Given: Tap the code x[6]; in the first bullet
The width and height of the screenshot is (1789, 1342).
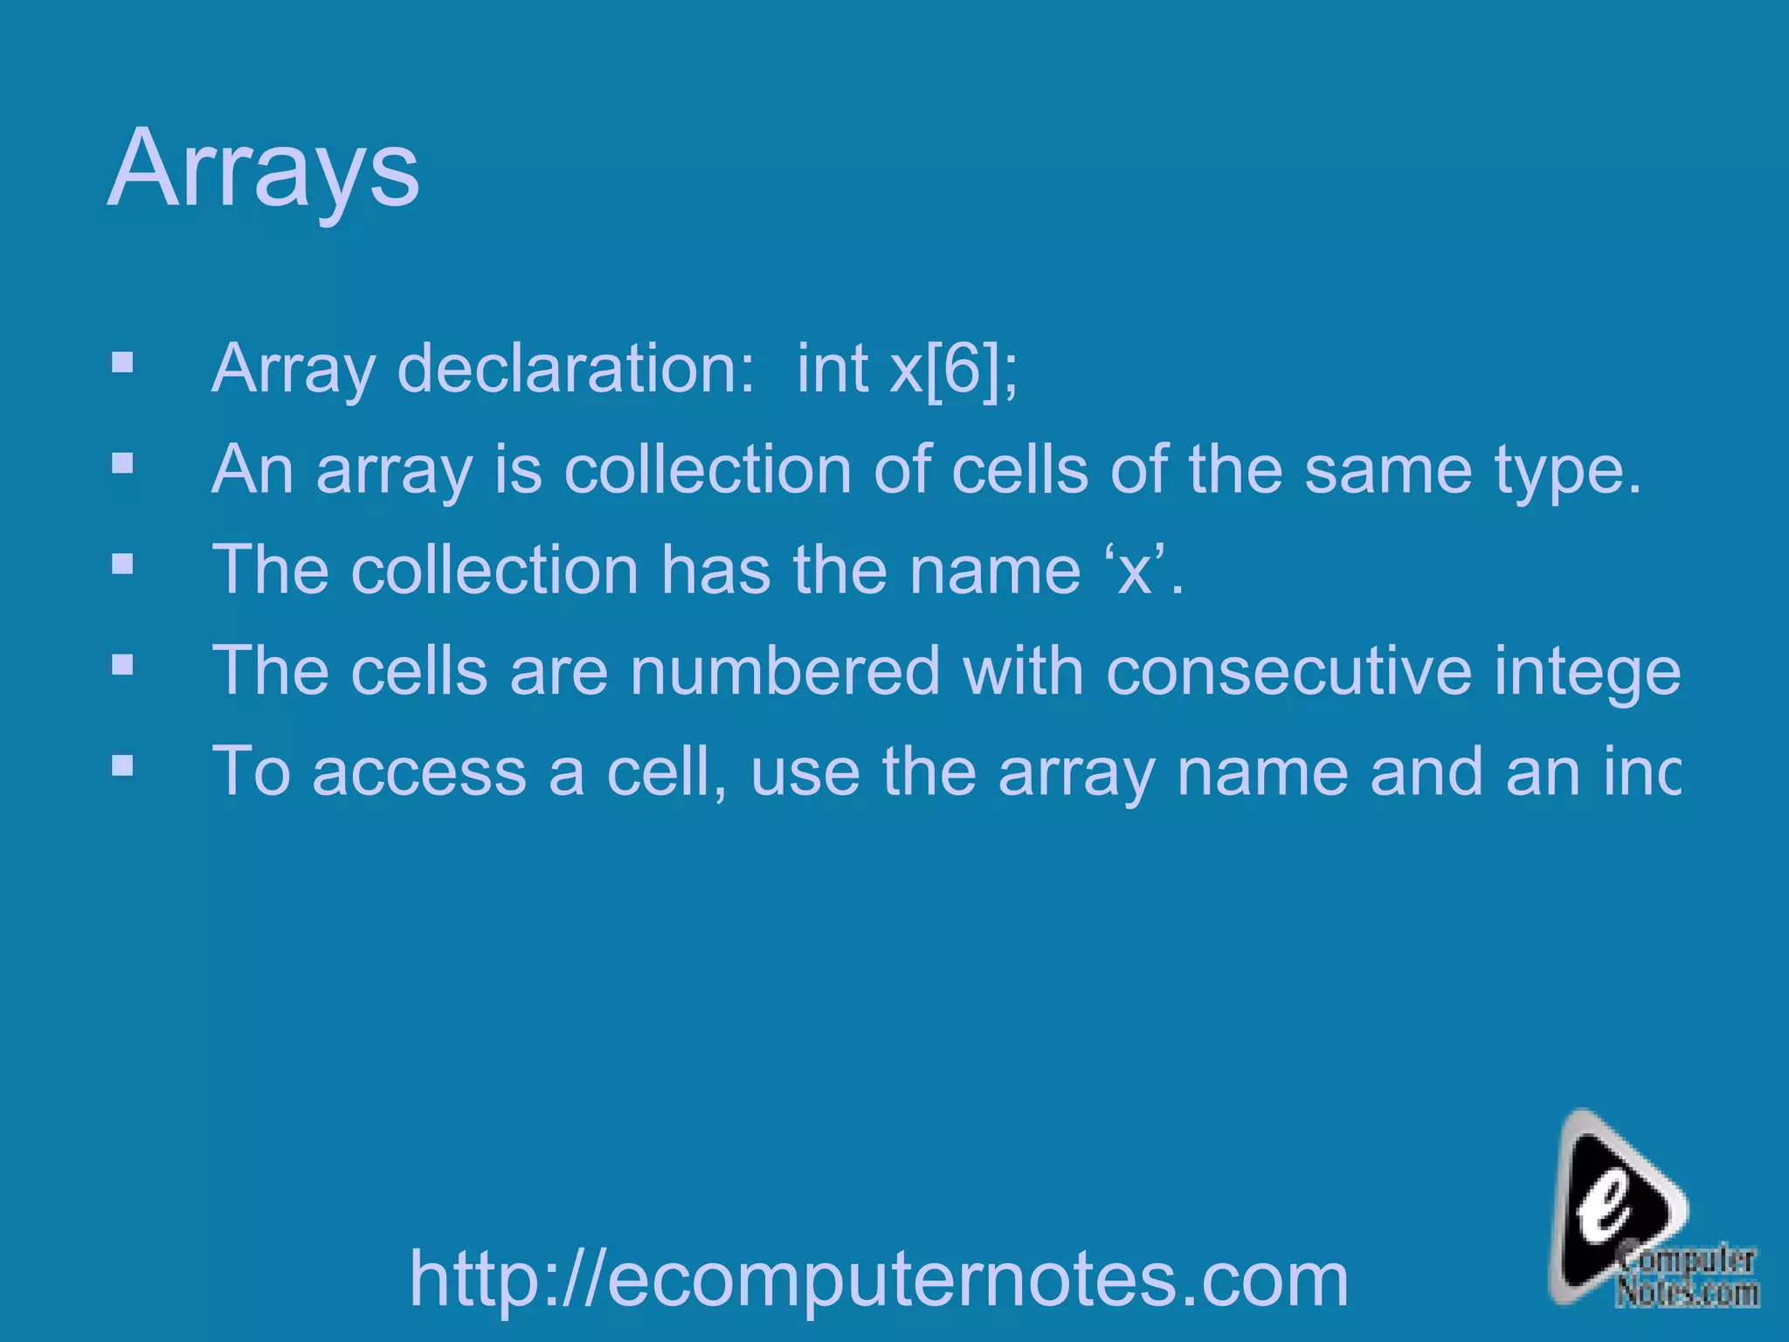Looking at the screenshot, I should (x=953, y=369).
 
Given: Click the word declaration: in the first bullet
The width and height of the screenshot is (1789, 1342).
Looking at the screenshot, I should (x=576, y=369).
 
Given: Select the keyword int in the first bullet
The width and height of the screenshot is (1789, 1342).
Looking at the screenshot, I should (x=832, y=369).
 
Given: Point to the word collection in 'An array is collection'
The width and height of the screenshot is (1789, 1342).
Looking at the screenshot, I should (x=708, y=470).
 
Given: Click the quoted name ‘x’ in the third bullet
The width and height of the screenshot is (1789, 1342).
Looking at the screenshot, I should (x=1135, y=571).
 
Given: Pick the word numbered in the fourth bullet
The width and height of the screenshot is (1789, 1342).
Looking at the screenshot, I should (x=784, y=671).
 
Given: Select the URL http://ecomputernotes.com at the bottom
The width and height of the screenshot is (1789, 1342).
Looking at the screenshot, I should (x=879, y=1279).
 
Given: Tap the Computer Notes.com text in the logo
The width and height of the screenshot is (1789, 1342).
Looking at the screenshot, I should (x=1686, y=1277).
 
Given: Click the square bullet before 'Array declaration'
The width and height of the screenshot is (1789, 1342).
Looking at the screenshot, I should (x=122, y=362).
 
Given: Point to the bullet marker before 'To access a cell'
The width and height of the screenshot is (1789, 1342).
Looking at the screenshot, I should (x=122, y=766).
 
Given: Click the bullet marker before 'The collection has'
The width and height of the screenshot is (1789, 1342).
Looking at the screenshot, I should (x=122, y=564).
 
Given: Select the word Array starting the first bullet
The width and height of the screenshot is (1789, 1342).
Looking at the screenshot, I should (x=293, y=369).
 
